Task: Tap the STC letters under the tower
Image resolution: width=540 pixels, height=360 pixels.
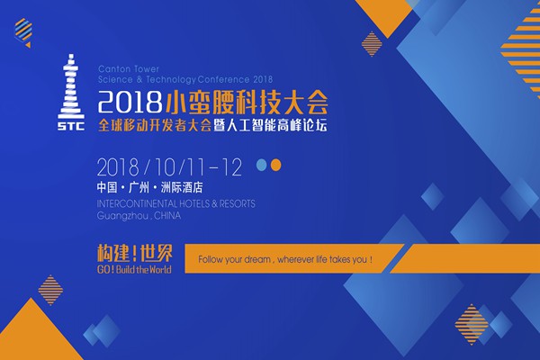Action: coord(71,126)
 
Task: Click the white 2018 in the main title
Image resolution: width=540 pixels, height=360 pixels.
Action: coord(130,102)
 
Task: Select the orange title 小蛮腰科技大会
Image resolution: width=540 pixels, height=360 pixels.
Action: coord(247,102)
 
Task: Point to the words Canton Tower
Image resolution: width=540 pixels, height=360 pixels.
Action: coord(129,69)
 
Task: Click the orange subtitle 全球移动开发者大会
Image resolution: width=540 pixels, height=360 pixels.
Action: coord(154,125)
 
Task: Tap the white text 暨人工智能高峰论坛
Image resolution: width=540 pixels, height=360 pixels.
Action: coord(270,125)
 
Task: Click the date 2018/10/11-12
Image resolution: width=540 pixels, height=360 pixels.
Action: coord(169,167)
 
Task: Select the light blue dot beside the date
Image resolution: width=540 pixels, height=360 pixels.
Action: coord(262,165)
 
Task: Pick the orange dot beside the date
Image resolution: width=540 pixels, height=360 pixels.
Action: coord(275,165)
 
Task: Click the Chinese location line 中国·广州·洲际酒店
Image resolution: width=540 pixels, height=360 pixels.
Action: coord(149,187)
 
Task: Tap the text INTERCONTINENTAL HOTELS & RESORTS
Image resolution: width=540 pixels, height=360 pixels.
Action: coord(176,203)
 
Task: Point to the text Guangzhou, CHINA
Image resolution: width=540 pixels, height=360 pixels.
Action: coord(139,216)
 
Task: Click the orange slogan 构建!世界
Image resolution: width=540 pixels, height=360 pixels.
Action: coord(135,254)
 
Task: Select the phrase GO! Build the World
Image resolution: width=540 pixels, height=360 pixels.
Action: coord(134,269)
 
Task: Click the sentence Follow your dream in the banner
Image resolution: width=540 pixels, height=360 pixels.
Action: coord(285,259)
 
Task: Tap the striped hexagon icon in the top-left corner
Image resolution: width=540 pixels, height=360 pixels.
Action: coord(23,31)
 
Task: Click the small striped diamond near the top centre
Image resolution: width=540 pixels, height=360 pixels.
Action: coord(372,44)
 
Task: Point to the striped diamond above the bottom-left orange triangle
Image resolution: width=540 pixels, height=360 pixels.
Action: coord(50,290)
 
